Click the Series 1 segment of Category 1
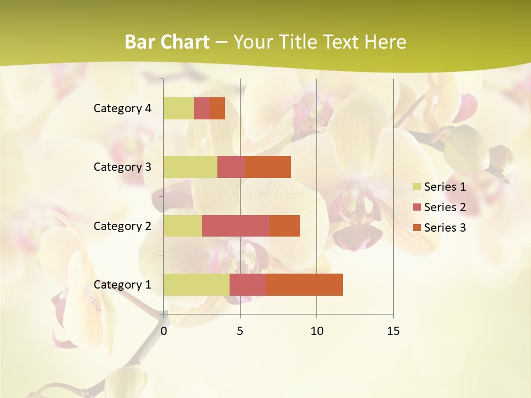(196, 285)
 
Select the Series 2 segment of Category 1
(248, 285)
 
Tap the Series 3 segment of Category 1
(304, 285)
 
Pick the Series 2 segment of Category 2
(236, 226)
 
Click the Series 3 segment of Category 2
(284, 226)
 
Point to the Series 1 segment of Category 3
(190, 167)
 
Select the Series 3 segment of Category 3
(268, 167)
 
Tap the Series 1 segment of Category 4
(179, 108)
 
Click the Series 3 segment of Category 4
(217, 108)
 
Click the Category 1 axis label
(122, 285)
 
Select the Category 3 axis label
(122, 167)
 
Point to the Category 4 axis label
(122, 108)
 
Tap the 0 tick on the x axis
(164, 331)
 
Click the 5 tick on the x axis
(240, 331)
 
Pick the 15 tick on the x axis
(393, 331)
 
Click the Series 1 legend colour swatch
(417, 187)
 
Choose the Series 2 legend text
(445, 207)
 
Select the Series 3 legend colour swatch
(417, 228)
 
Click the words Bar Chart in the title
(167, 42)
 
